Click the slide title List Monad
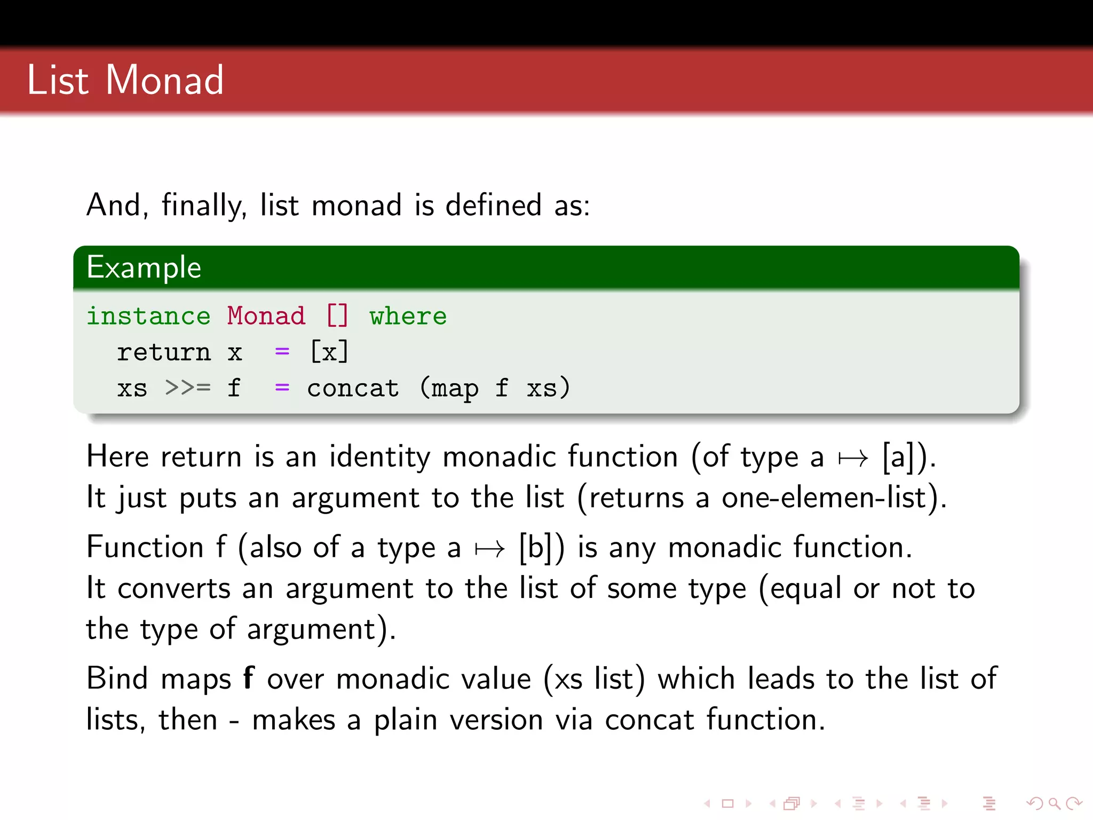(x=125, y=80)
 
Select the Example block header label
(x=144, y=267)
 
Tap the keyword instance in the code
(x=148, y=316)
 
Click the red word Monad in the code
(x=266, y=316)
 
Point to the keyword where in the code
(x=408, y=316)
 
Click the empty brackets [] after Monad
(x=337, y=316)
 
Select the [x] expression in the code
(x=329, y=352)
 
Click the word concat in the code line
(x=353, y=388)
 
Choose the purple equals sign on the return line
(x=282, y=352)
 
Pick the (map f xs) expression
(x=495, y=388)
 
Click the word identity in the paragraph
(x=379, y=457)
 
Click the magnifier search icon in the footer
(x=1054, y=803)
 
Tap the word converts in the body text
(x=173, y=588)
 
